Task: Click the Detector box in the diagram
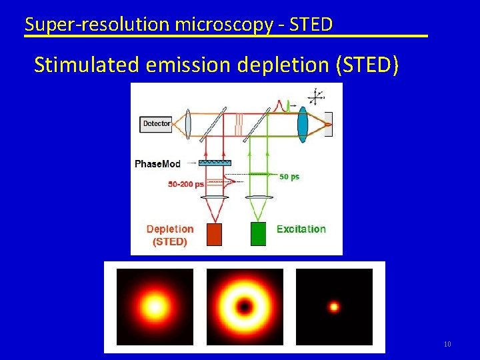point(156,123)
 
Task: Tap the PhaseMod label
point(157,163)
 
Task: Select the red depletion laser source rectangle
point(215,234)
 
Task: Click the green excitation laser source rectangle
point(258,234)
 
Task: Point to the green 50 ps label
point(289,177)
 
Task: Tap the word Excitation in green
point(301,229)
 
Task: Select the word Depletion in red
point(170,229)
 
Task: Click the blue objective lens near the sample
point(303,124)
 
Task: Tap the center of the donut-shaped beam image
point(245,307)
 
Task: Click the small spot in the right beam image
point(334,307)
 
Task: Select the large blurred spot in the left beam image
point(155,307)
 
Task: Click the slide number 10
point(447,344)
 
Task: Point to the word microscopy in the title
point(223,25)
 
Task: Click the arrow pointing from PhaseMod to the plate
point(193,163)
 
